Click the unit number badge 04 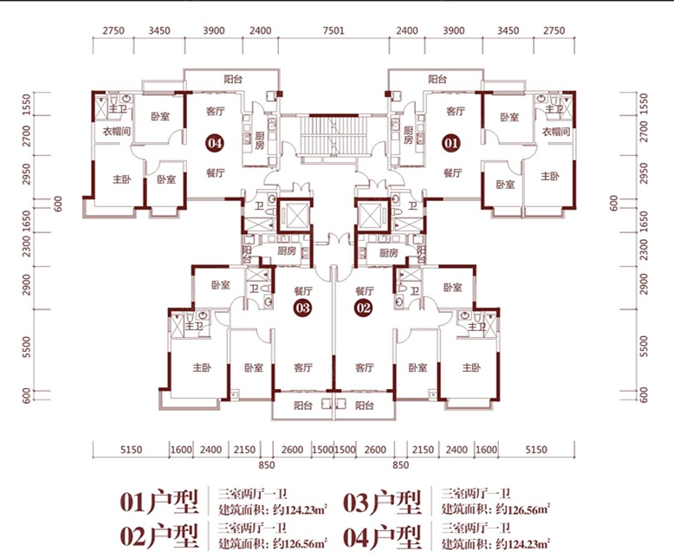[x=215, y=143]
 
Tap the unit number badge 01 [x=450, y=143]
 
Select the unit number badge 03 [x=303, y=308]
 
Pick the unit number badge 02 [x=363, y=308]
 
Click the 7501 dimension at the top [x=334, y=30]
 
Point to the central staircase [x=334, y=135]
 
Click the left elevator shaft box [x=295, y=216]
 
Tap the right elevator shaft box [x=373, y=216]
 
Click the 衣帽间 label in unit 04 [x=116, y=131]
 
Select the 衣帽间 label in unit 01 [x=556, y=131]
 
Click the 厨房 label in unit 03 [x=286, y=251]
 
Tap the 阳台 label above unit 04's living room [x=232, y=79]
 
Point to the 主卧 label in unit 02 [x=471, y=367]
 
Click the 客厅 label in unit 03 [x=303, y=367]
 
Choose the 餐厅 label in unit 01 [x=452, y=172]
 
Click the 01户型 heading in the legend [x=159, y=503]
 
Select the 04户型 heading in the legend [x=382, y=537]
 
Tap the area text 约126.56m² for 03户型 [x=523, y=509]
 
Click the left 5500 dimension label [x=27, y=347]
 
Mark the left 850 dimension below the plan [x=267, y=464]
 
